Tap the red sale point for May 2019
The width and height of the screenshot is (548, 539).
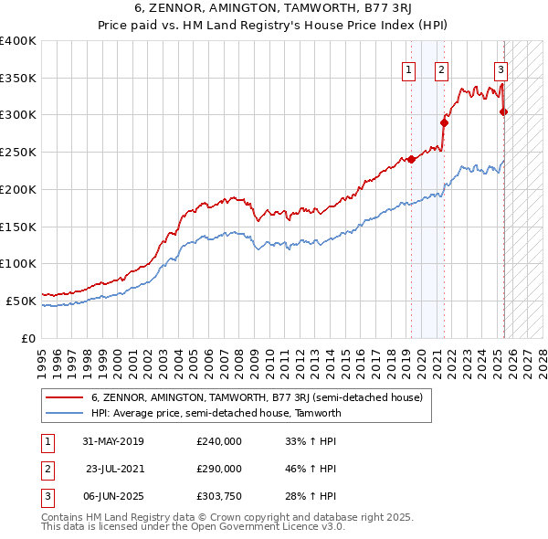[411, 159]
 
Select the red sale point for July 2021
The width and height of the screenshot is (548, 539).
[445, 122]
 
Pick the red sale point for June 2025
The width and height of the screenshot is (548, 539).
[504, 112]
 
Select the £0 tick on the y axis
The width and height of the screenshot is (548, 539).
[28, 338]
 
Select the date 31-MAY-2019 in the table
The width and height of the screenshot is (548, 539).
[113, 441]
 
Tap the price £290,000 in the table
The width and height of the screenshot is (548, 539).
[219, 469]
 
